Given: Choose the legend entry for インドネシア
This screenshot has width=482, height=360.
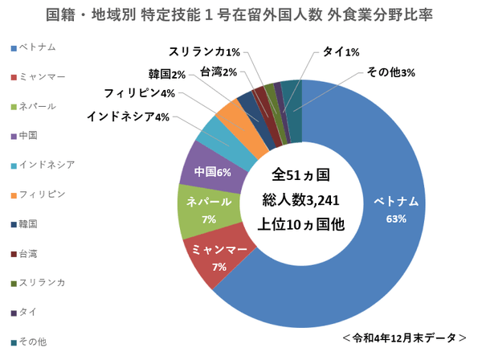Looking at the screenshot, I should coord(45,165).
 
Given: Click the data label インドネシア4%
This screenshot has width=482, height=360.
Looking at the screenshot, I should coord(129,117).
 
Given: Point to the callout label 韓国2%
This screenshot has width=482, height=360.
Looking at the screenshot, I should coord(167,75).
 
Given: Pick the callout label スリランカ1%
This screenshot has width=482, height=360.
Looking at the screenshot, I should coord(205,52).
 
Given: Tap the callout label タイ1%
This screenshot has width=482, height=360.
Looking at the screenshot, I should coord(341,52).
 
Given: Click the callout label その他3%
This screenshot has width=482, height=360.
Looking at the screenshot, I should coord(391,73).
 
